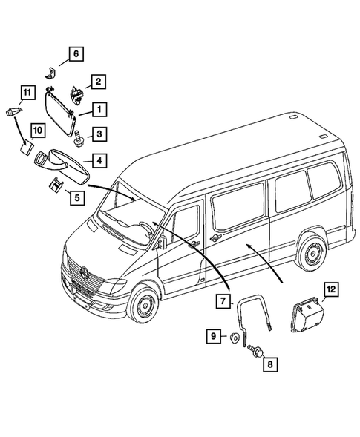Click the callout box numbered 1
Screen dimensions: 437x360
(x=98, y=110)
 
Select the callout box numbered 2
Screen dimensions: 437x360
(x=98, y=82)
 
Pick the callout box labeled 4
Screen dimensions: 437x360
(x=98, y=160)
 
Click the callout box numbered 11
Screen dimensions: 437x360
(x=27, y=93)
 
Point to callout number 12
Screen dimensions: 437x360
(x=332, y=290)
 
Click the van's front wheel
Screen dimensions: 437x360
(x=143, y=308)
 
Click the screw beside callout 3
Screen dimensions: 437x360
(x=77, y=134)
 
